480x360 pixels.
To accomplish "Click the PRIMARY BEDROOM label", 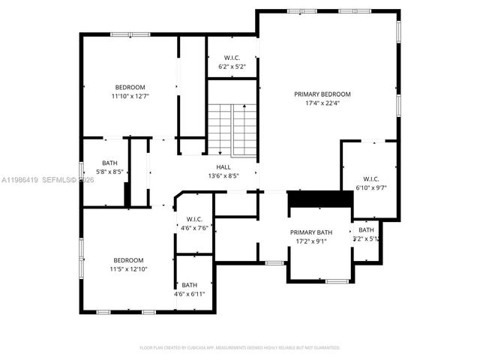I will coord(322,94).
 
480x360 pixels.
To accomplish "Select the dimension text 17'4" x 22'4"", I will coord(322,103).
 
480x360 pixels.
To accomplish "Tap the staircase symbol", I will coord(232,127).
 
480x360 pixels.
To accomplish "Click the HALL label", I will coord(223,167).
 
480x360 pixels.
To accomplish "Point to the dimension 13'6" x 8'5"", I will coord(223,176).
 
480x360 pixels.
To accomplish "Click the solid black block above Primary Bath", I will coord(320,199).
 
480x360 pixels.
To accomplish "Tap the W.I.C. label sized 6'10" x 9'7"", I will coord(370,178).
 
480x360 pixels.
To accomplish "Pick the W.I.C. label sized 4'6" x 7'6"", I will coord(194,219).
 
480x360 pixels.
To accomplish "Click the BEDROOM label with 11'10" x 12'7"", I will coord(130,87).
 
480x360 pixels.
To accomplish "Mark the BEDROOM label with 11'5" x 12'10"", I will coord(129,259).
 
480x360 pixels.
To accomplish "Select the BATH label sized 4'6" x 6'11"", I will coord(189,284).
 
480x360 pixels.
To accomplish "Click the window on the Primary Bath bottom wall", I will coord(337,281).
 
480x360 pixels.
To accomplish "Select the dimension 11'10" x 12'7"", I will coord(130,96).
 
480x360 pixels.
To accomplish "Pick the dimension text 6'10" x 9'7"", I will coord(370,187).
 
